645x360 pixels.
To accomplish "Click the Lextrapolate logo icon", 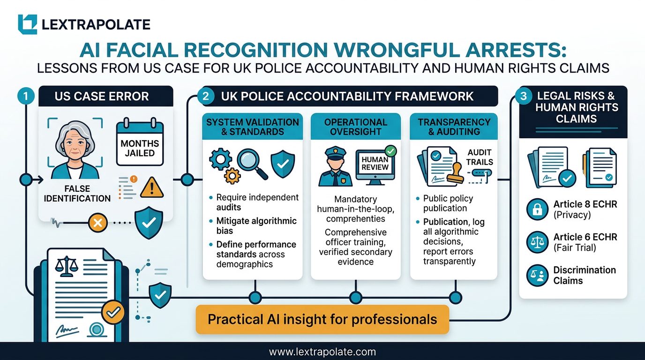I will click(x=27, y=24).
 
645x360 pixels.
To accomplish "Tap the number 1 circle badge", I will click(x=25, y=97).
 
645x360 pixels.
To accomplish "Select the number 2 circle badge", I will click(x=205, y=97).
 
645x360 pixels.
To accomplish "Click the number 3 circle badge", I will click(x=523, y=97).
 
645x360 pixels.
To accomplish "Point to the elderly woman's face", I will click(x=75, y=145).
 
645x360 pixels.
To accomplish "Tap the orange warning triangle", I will click(x=152, y=187).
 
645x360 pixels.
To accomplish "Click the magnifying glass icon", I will click(x=251, y=163).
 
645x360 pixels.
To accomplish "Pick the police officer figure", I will click(x=335, y=167).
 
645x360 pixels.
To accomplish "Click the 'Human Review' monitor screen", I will click(x=375, y=164).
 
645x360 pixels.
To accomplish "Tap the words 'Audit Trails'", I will click(x=479, y=157).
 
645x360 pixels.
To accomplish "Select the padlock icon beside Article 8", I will click(x=537, y=210).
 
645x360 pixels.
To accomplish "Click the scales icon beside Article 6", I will click(x=537, y=242).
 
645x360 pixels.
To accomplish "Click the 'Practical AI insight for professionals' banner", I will click(x=322, y=320).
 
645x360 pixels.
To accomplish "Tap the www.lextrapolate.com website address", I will click(x=322, y=352).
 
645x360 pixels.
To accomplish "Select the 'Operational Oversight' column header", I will click(x=356, y=127).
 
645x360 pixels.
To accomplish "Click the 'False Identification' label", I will click(x=77, y=193).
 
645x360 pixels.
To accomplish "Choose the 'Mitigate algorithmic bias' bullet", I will click(x=256, y=226).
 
